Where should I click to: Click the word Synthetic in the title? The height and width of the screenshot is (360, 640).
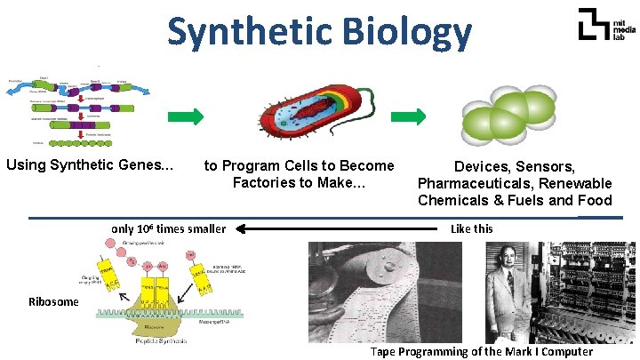[246, 33]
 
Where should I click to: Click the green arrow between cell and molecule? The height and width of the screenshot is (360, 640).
[408, 116]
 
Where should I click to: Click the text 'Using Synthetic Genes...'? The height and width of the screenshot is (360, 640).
[90, 164]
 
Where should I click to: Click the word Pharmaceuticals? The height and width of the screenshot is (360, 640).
[480, 183]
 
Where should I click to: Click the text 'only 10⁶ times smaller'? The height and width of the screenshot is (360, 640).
[168, 228]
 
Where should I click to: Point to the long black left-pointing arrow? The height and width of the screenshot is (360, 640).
[339, 229]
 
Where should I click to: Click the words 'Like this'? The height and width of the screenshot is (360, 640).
[471, 228]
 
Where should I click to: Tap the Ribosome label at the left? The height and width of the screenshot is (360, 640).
[52, 301]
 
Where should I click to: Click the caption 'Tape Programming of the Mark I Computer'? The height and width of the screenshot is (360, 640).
[481, 351]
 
